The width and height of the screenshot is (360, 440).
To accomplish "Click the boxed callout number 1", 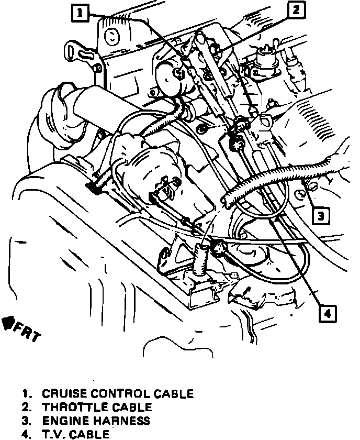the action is tap(80, 12).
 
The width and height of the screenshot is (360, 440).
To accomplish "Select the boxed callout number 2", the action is tap(296, 9).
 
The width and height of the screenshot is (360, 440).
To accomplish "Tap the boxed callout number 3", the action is tap(322, 215).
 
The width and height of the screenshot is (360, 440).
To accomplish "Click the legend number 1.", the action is tap(25, 393).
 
